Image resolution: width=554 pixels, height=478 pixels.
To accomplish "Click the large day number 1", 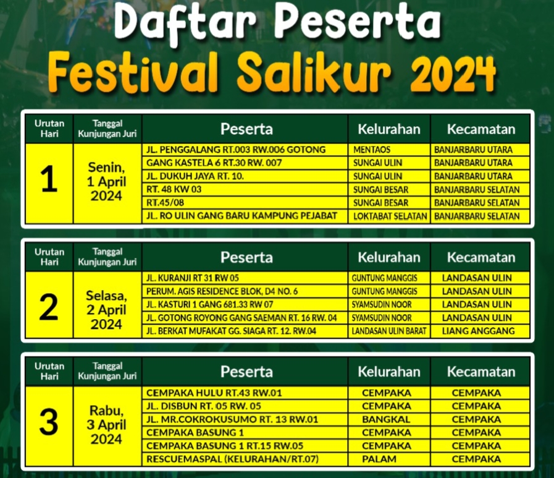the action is [x=49, y=179].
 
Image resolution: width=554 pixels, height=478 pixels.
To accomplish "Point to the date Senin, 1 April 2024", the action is [x=106, y=181].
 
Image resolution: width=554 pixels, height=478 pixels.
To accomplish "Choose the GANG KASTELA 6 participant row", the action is [x=214, y=163].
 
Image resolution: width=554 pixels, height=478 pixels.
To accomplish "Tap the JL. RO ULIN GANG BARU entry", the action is [x=241, y=216].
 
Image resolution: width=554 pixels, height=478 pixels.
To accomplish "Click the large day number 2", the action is [x=49, y=307].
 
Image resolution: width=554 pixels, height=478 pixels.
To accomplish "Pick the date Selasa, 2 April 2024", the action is [x=106, y=310].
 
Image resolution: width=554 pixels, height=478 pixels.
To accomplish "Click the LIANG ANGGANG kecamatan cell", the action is [x=479, y=331].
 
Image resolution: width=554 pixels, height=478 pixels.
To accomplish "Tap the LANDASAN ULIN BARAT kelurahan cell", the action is [x=389, y=331].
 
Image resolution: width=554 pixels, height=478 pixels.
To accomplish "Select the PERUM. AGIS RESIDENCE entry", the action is [x=222, y=291].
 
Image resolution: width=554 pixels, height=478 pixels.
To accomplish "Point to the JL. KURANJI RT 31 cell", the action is [x=193, y=278].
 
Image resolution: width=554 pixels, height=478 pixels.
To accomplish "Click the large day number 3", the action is [x=49, y=422].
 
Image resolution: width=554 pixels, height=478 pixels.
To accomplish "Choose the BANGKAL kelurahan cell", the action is [x=386, y=419].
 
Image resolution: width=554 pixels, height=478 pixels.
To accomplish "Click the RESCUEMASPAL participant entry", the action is [x=232, y=459].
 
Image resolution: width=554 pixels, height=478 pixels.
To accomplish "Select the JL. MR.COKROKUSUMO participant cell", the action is [x=232, y=419].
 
